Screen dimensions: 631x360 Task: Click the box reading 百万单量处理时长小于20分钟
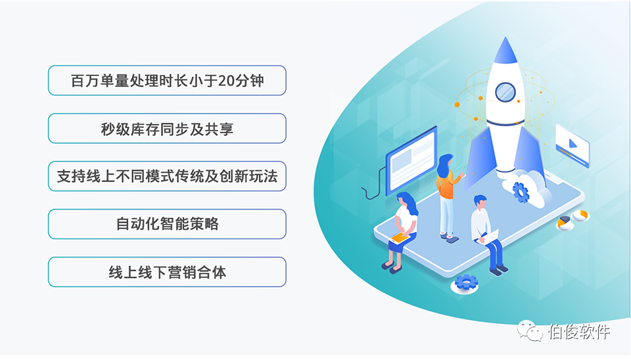point(167,80)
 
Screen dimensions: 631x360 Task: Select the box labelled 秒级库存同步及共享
point(167,128)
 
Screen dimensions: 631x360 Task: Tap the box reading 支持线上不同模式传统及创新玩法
point(167,176)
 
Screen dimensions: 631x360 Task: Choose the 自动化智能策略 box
point(167,224)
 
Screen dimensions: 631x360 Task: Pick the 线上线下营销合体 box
point(167,272)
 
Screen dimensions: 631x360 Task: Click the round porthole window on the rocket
point(505,92)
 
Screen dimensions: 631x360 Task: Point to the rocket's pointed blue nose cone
point(505,51)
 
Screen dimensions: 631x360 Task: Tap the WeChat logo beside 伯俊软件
point(530,330)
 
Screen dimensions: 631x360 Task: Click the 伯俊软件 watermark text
point(579,332)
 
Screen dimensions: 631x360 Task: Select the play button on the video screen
point(573,144)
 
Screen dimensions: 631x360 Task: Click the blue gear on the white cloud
point(521,192)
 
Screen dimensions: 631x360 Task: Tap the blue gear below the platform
point(466,282)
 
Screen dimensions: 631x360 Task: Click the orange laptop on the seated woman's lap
point(400,237)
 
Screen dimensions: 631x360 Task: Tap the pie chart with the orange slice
point(565,222)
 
